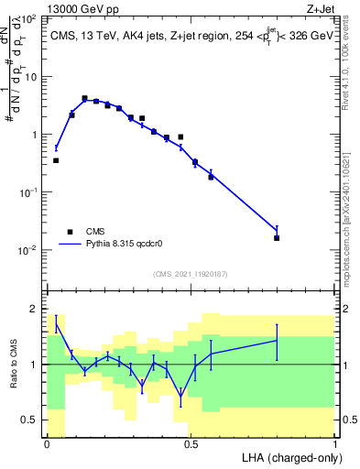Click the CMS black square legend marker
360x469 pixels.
pos(69,232)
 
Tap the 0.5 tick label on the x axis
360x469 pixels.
pos(191,442)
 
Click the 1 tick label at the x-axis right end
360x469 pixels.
pos(335,442)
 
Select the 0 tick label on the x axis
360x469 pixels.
pos(47,442)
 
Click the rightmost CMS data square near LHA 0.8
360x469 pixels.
pos(277,238)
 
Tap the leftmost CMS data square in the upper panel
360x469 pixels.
pos(56,160)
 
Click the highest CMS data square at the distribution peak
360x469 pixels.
pos(84,98)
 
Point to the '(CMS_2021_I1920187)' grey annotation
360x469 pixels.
pos(191,274)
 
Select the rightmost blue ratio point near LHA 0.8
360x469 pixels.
pos(277,341)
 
